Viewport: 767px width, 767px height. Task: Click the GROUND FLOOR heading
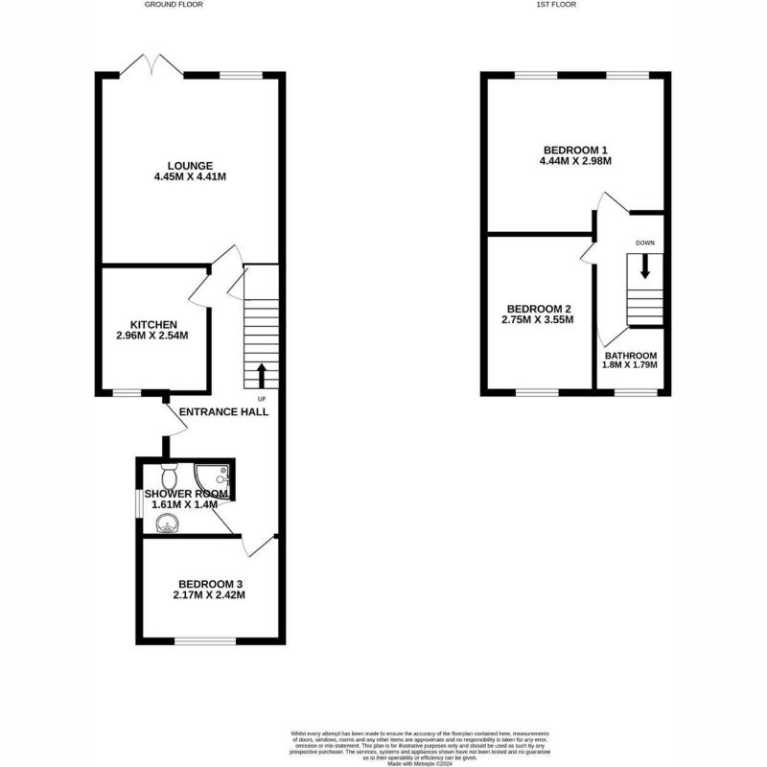click(x=174, y=5)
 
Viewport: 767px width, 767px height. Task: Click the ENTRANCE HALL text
click(x=224, y=411)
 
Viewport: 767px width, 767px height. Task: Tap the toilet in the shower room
click(x=169, y=475)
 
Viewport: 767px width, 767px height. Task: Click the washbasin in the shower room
click(x=169, y=523)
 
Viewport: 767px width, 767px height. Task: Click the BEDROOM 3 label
click(x=210, y=584)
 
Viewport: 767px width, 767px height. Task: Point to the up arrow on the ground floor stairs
click(x=261, y=374)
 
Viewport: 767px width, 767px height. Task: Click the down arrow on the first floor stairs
click(x=644, y=267)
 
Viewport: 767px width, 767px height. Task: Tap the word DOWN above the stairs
click(x=644, y=244)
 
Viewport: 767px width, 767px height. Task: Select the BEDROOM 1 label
click(x=575, y=150)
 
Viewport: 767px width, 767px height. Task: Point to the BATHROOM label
click(x=630, y=355)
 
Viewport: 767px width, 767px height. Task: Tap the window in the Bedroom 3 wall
click(x=203, y=640)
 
